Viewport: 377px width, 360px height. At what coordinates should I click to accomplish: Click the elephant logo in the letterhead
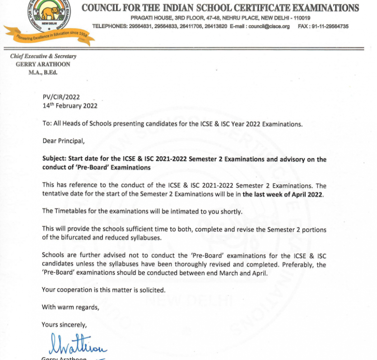tap(48, 11)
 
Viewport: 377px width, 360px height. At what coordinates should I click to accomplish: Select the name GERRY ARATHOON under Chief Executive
tap(43, 65)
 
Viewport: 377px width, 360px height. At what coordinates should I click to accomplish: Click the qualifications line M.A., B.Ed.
tap(43, 72)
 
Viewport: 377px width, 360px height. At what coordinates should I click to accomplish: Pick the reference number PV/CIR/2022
tap(61, 97)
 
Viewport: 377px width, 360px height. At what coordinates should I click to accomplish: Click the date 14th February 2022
tap(70, 105)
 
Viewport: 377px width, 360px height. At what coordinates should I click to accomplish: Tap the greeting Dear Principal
tap(63, 141)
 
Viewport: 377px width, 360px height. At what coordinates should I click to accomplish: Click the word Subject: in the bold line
tap(54, 159)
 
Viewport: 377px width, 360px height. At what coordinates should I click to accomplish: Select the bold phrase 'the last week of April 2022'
tap(283, 195)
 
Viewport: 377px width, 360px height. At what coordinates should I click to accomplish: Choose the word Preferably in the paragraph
tap(296, 264)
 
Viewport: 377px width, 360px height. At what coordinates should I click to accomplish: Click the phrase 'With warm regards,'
tap(70, 307)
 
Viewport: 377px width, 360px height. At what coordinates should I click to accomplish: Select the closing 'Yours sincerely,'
tap(64, 325)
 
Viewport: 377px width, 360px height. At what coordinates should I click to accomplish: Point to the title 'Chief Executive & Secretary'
tap(43, 56)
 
